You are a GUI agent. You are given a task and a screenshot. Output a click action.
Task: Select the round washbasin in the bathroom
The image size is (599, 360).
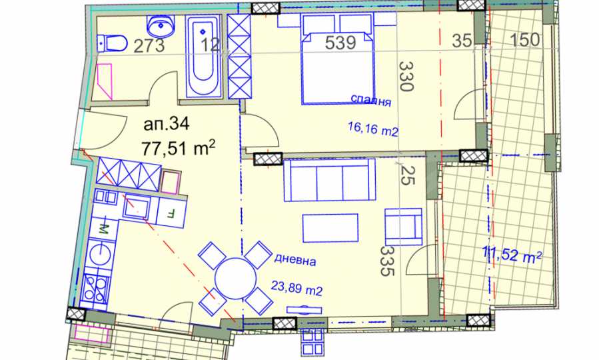pos(161,25)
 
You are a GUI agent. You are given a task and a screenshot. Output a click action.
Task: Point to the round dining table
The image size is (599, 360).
pos(235,278)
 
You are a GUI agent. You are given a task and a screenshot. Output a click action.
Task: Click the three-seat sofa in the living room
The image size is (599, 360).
pos(330,180)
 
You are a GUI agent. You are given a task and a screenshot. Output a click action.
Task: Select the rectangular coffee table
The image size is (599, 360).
pos(330,228)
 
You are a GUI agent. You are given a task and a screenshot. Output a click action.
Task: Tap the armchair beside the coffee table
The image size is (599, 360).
pos(403,227)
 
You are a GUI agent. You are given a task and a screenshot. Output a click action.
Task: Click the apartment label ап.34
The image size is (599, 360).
pos(167,124)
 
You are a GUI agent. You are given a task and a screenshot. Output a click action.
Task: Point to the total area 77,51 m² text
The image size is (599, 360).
pos(179,147)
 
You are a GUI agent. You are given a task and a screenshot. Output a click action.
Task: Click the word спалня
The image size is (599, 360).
pos(370,100)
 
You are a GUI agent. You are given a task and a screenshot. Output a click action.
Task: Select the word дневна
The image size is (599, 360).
pos(295,260)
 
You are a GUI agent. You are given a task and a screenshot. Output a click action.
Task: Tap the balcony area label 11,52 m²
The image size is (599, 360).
pos(512,254)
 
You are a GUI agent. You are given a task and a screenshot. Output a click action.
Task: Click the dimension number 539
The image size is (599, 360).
pos(340,43)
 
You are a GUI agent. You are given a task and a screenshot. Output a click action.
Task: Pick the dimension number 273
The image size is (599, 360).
pos(149,46)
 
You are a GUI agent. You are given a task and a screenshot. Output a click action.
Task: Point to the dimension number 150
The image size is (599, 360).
pos(525,40)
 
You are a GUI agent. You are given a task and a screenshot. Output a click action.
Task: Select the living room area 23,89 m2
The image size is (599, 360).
pos(297,288)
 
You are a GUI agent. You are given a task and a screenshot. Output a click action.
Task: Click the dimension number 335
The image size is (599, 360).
pos(387,261)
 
